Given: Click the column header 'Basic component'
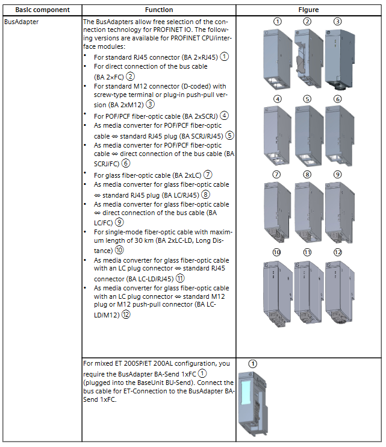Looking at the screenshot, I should click(42, 10).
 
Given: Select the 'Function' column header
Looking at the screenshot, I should click(159, 10).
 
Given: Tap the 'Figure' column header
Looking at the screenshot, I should click(308, 10).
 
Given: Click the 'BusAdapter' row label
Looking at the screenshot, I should click(21, 21).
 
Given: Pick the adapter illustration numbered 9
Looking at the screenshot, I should click(338, 210).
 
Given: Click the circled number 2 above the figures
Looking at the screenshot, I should click(307, 21).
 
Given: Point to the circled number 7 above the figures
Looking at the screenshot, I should click(277, 174).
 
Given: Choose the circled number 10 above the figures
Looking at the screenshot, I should click(277, 252).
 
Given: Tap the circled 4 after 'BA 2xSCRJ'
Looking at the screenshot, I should click(224, 116).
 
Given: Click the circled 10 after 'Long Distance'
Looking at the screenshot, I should click(120, 250).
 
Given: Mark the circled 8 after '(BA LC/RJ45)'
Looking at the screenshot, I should click(205, 195).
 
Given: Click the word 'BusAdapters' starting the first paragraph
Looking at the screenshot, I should click(111, 21).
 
